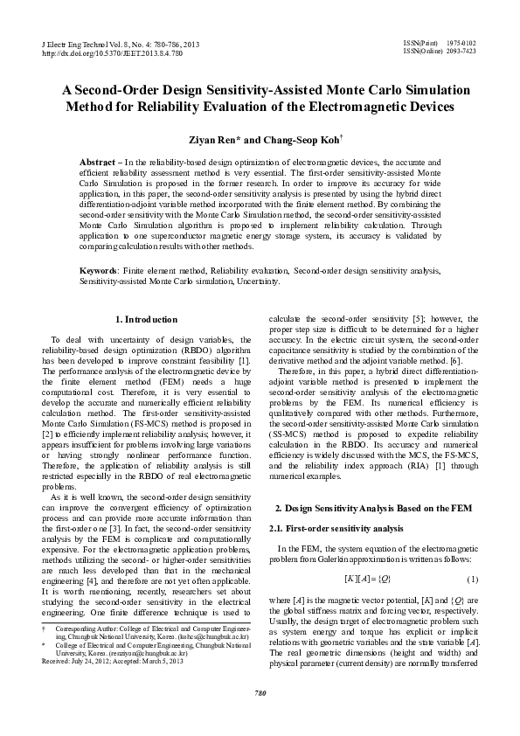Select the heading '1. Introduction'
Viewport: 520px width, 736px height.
[147, 319]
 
